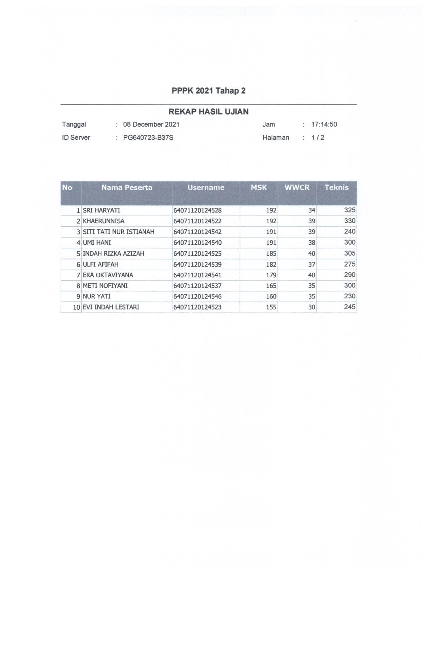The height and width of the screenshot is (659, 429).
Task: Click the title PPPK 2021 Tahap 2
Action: coord(208,91)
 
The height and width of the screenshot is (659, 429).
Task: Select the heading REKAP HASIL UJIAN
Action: coord(208,112)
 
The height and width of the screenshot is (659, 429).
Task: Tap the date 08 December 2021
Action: coord(151,124)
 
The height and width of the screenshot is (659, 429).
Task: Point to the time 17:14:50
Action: coord(324,124)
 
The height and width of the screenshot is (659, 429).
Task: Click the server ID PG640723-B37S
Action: coord(148,137)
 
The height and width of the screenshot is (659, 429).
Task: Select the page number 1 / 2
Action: coord(317,137)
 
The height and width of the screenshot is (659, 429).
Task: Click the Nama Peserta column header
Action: coord(127,187)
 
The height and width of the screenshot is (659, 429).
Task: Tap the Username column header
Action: coord(206,187)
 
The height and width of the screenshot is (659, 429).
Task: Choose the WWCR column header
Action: coord(297,187)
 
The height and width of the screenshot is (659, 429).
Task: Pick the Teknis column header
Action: coord(336,187)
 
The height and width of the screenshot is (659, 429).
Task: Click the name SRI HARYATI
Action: coord(101,210)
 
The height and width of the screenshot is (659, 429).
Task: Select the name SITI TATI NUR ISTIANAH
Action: coord(118,232)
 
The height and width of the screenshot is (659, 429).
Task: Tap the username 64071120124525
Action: coord(197,253)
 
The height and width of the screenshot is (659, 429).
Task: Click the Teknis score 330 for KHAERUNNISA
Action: coord(350,221)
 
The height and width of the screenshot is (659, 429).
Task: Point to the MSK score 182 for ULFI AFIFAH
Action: coord(271,264)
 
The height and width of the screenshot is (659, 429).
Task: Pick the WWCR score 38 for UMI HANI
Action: coord(311,243)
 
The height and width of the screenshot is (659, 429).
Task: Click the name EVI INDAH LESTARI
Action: coord(111,307)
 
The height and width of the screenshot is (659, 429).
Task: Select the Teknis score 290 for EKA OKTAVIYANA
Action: coord(350,275)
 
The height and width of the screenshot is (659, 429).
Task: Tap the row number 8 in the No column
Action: coord(78,286)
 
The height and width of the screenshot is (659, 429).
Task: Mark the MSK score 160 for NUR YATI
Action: coord(271,296)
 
